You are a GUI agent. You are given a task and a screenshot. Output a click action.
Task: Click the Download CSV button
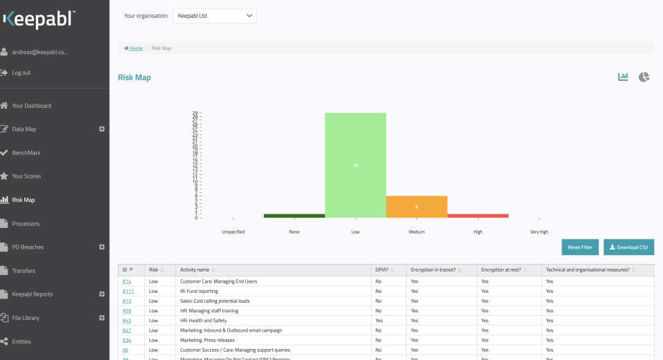(x=628, y=247)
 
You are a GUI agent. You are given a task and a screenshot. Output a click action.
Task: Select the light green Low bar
(x=356, y=165)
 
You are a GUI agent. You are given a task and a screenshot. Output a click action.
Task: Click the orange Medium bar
(x=416, y=207)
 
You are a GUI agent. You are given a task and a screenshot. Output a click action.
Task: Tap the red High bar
(x=478, y=216)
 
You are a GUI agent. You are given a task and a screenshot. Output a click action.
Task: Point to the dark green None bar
(x=294, y=216)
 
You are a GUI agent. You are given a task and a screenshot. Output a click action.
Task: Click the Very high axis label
(x=539, y=232)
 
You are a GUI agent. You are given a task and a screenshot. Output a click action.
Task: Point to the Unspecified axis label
(x=233, y=232)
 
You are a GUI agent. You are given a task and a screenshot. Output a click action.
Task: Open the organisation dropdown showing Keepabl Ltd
(x=215, y=16)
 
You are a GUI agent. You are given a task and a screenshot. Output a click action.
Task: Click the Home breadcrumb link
(x=135, y=48)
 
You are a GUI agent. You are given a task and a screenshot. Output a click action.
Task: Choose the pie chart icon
(x=644, y=77)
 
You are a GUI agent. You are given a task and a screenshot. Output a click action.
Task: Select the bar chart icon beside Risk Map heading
(x=623, y=77)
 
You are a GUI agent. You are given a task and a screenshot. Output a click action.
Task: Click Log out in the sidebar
(x=21, y=73)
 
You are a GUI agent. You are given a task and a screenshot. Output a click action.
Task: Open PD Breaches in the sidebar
(x=28, y=247)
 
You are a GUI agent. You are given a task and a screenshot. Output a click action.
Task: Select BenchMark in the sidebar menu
(x=26, y=153)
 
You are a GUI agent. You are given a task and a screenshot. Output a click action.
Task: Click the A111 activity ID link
(x=128, y=292)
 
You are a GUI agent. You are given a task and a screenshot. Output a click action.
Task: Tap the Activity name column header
(x=196, y=269)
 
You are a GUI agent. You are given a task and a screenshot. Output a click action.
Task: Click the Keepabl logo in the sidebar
(x=38, y=19)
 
